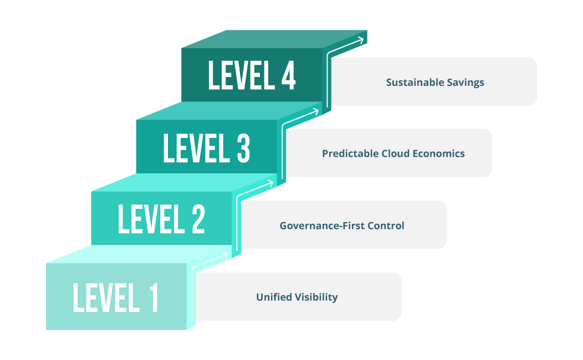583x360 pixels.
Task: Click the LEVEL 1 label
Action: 115,297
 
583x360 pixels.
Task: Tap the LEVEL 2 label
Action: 161,219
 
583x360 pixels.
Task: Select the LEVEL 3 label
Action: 206,148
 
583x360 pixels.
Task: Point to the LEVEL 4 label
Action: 252,76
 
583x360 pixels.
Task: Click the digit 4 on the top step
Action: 288,76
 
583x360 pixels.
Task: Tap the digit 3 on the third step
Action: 242,148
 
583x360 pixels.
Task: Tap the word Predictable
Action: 350,153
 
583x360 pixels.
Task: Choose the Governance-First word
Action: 324,226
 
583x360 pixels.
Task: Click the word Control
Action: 387,226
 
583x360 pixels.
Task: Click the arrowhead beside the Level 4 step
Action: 361,39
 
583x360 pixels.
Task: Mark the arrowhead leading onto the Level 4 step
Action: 316,111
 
